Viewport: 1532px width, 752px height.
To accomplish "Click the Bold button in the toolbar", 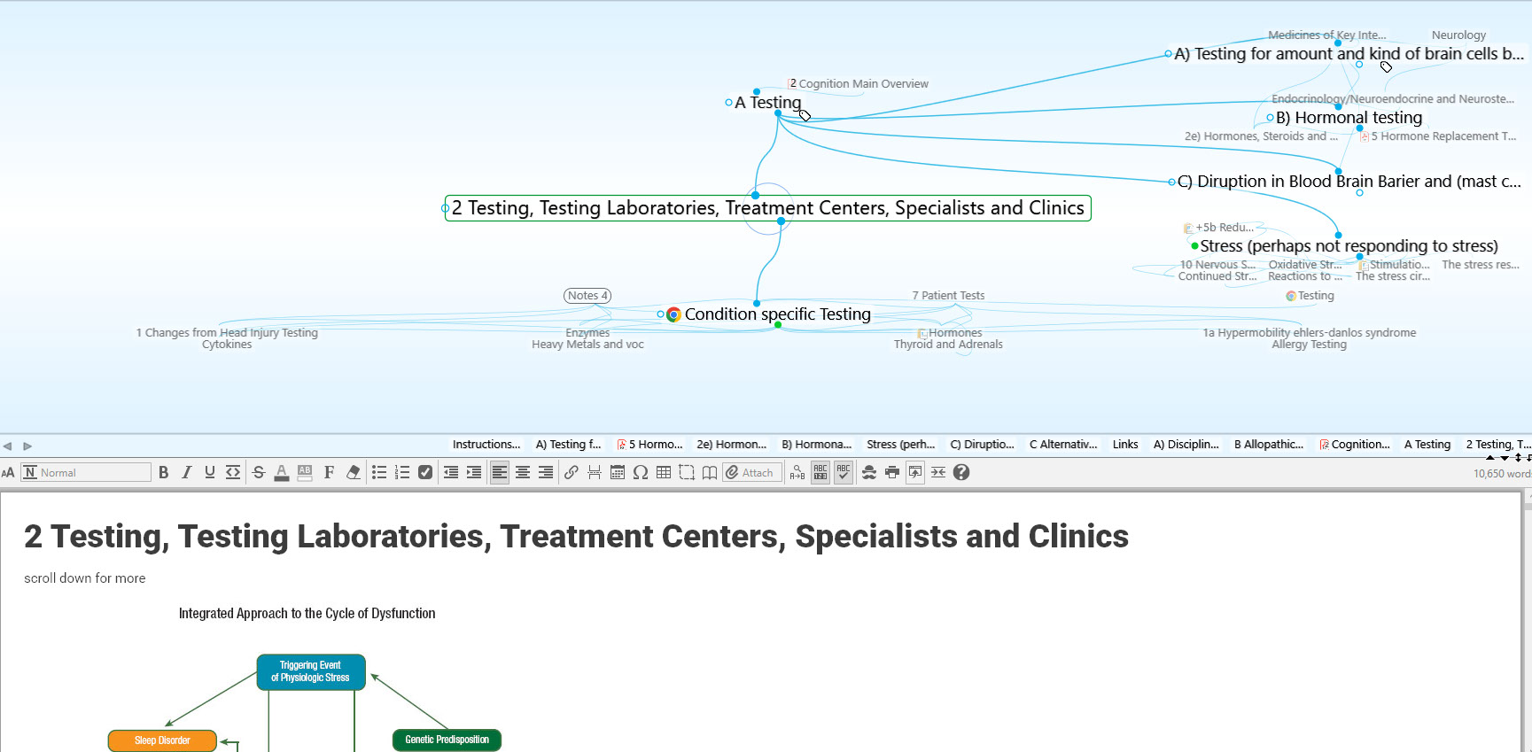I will pos(164,473).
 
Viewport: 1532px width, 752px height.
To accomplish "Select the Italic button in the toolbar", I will pos(187,473).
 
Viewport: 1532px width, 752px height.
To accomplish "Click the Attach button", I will pos(751,473).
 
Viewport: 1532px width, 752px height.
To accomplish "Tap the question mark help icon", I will pos(961,473).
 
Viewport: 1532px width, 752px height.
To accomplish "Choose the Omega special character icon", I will pos(641,473).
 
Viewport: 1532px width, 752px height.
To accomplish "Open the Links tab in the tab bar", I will pos(1125,445).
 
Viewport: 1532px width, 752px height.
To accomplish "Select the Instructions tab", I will pos(486,445).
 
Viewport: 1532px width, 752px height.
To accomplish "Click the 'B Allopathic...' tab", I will pos(1268,445).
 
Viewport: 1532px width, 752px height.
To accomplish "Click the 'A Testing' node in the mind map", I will pos(767,103).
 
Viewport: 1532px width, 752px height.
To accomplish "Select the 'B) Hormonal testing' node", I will pos(1349,118).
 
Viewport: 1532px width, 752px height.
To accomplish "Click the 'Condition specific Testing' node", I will pos(777,314).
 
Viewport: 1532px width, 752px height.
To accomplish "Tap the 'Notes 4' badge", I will pos(587,296).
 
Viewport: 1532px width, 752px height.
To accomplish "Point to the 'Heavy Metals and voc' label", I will pos(587,345).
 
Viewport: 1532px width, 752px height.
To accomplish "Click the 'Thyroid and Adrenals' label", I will pos(948,345).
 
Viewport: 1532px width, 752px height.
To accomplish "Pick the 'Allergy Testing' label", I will pos(1309,345).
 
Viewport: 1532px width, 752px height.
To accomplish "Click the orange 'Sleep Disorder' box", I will pos(162,740).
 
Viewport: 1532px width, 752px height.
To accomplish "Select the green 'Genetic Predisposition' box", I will pos(447,740).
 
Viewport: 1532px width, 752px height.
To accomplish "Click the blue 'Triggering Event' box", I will pos(310,671).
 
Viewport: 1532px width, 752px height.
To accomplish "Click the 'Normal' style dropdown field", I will pos(87,473).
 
